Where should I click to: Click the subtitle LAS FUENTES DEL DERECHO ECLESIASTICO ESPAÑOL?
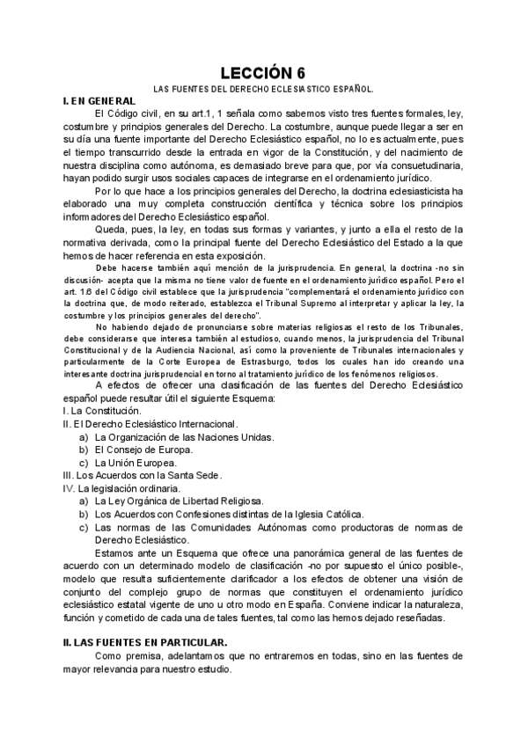click(x=264, y=90)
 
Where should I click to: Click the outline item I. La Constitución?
click(x=102, y=411)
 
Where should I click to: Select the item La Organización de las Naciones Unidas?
click(x=184, y=436)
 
